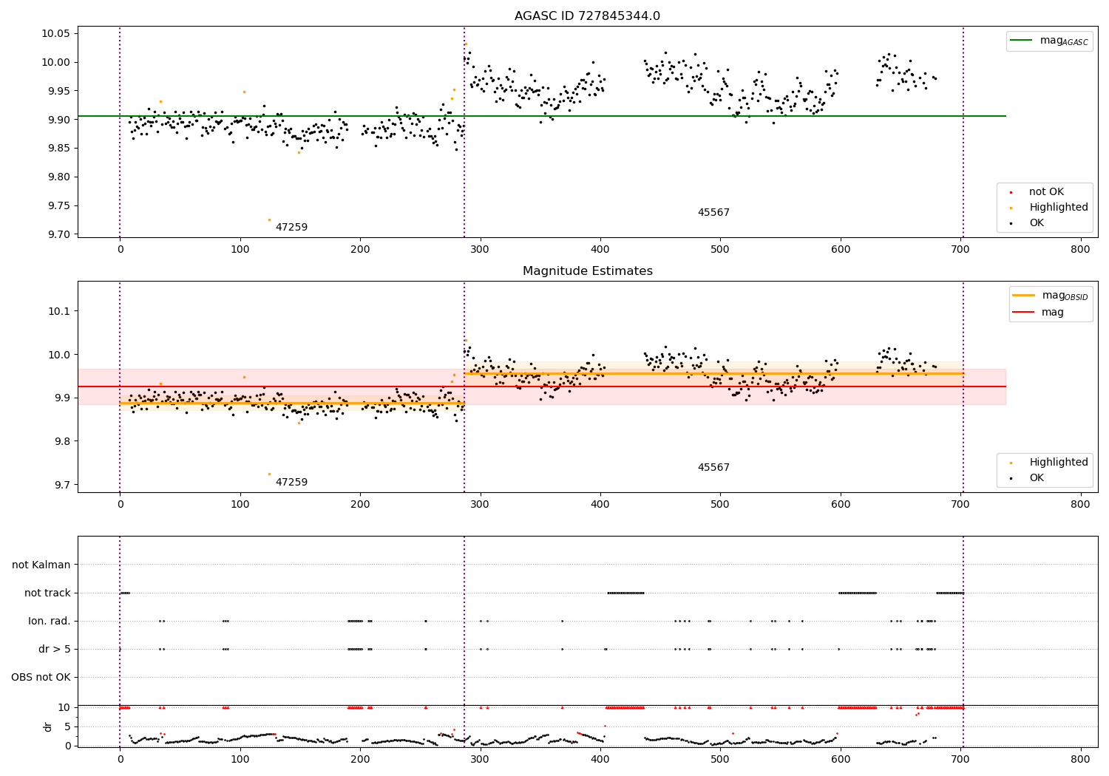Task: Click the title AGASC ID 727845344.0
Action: point(587,16)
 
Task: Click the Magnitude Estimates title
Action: point(587,271)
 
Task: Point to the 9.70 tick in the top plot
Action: point(58,234)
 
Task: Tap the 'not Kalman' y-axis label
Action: point(41,565)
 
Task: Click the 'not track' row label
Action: point(47,593)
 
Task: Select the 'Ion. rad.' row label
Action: point(50,621)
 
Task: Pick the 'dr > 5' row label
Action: point(55,649)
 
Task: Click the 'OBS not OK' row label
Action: point(41,677)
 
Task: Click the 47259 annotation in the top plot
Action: point(291,228)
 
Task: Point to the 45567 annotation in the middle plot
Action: point(713,468)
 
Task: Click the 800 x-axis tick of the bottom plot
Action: point(1080,758)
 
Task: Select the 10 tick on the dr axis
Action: point(64,707)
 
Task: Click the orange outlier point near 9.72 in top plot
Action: point(269,219)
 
